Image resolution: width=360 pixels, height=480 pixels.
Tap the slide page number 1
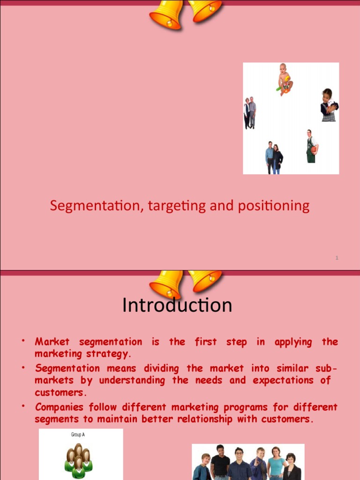[337, 258]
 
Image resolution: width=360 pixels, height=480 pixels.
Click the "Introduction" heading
[177, 305]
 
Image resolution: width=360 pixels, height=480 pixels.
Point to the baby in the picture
[284, 79]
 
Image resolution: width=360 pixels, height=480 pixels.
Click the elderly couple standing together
[249, 112]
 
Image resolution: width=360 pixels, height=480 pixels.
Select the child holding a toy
[329, 105]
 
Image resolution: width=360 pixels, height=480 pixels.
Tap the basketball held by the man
[314, 150]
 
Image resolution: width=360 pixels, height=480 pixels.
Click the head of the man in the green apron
[309, 133]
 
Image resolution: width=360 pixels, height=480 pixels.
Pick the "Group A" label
[78, 435]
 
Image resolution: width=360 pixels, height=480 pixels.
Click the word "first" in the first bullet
[206, 342]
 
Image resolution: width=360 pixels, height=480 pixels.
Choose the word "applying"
[293, 342]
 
